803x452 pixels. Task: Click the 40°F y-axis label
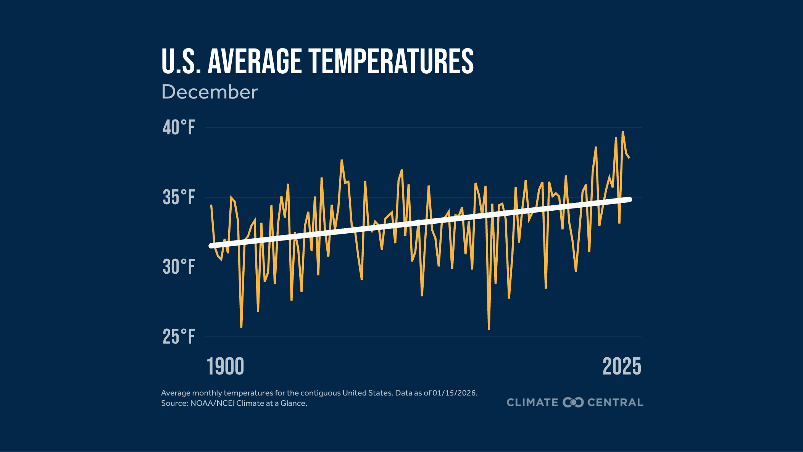(179, 128)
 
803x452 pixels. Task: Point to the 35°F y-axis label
(179, 197)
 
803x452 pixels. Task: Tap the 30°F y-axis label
(179, 267)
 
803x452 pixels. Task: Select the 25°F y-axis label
(179, 337)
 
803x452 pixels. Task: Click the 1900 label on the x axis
(225, 367)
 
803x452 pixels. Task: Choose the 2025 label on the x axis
(622, 367)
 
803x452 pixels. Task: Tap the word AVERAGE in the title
(255, 61)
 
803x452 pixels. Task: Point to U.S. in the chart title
(181, 61)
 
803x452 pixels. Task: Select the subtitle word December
(210, 92)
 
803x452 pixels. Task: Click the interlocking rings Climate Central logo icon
(573, 402)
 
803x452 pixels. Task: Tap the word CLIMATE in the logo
(532, 402)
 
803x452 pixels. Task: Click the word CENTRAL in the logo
(615, 402)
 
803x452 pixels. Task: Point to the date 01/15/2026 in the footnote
(455, 393)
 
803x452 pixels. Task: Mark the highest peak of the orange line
(622, 132)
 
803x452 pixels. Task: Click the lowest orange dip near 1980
(489, 329)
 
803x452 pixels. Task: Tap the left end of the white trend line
(211, 246)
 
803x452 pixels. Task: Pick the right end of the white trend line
(630, 199)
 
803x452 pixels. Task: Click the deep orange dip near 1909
(241, 328)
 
